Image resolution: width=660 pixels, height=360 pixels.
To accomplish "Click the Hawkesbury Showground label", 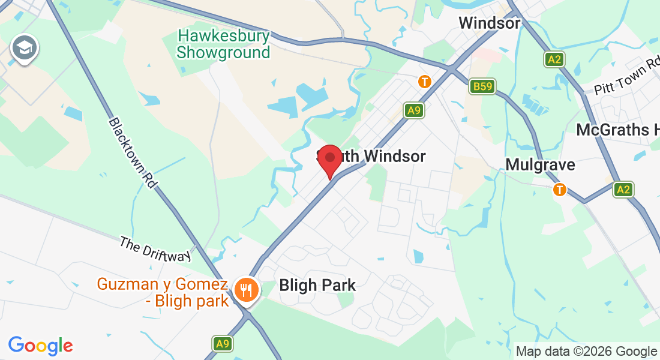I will (x=223, y=44).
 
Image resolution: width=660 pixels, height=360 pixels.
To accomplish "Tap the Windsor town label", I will (x=489, y=23).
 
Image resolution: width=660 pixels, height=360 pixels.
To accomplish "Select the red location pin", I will (x=329, y=159).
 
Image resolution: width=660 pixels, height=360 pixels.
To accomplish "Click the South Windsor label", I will (x=372, y=157).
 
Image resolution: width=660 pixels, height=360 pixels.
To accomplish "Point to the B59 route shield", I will (x=481, y=87).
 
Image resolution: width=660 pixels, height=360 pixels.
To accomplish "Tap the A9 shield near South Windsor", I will (x=413, y=110).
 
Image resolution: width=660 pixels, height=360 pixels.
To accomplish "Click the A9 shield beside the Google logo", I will (x=223, y=344).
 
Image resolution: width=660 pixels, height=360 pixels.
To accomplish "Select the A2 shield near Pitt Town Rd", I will (x=554, y=59).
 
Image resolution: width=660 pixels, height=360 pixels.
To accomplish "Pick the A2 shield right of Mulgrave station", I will (x=623, y=190).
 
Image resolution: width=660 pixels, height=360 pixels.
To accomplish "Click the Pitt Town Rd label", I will (x=626, y=79).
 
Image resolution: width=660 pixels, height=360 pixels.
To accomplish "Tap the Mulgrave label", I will (x=540, y=165).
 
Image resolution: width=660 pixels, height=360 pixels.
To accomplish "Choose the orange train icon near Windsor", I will (x=425, y=81).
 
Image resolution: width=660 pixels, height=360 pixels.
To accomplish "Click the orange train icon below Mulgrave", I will (x=559, y=190).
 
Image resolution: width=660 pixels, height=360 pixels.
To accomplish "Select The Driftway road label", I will (x=155, y=248).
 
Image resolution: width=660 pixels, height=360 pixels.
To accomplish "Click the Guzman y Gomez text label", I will (x=163, y=292).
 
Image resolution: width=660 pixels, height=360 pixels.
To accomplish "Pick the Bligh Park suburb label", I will (x=317, y=286).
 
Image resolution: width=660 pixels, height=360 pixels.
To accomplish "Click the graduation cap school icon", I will (x=24, y=48).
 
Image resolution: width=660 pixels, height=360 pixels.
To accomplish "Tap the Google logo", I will (x=40, y=346).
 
